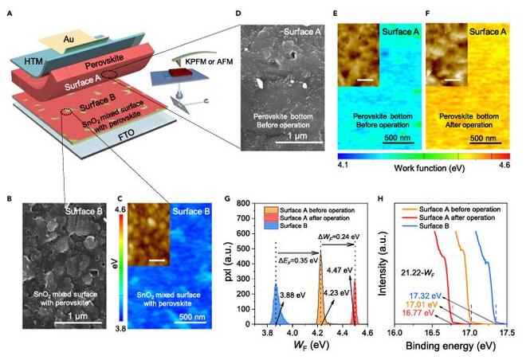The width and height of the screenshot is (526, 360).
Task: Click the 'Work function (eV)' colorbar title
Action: coord(425,170)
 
